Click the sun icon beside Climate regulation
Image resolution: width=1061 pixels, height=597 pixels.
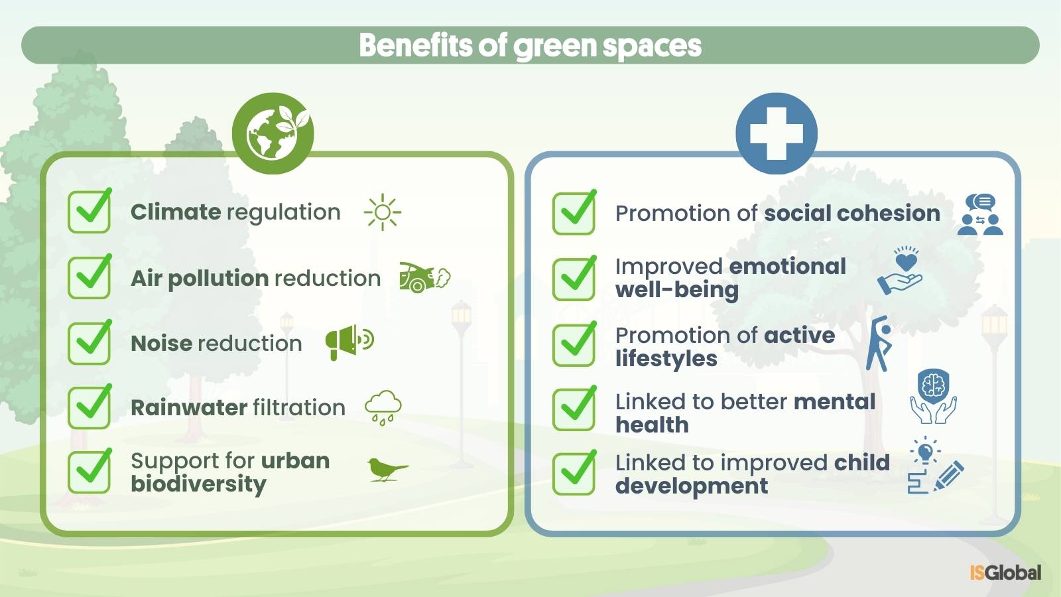click(x=382, y=212)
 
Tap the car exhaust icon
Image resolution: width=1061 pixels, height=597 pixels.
click(x=425, y=278)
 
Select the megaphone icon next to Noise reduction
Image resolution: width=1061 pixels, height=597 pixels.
click(x=349, y=342)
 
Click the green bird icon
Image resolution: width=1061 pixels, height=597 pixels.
click(x=387, y=470)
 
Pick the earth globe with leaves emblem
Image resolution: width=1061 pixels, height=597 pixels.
click(x=273, y=133)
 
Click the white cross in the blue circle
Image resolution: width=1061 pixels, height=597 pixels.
click(x=777, y=133)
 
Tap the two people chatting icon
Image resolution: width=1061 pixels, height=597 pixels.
click(x=980, y=215)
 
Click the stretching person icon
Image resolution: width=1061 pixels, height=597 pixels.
click(x=879, y=344)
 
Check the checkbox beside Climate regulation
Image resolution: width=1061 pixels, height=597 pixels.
click(x=90, y=211)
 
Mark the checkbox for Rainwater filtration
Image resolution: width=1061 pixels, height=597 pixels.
click(x=90, y=407)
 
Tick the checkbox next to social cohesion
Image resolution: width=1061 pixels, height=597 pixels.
click(x=574, y=213)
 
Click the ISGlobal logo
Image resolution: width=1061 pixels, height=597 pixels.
click(x=1005, y=573)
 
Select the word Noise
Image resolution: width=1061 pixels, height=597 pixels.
click(x=162, y=343)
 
